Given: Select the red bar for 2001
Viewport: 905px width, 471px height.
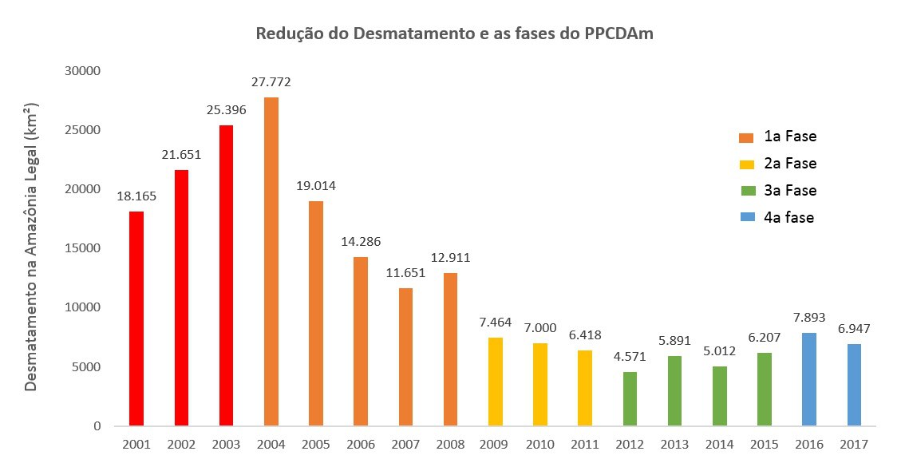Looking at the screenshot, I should pos(136,319).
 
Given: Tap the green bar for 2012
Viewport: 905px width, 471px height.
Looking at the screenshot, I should pos(630,398).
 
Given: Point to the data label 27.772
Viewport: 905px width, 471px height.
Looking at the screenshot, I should pos(271,82).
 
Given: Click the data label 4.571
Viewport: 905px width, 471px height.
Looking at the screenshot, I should pos(630,357).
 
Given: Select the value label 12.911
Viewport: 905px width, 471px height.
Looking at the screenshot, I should pos(451,258).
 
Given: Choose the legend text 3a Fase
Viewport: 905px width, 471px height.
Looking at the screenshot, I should pos(789,190).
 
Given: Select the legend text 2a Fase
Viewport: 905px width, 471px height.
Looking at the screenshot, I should pos(789,164).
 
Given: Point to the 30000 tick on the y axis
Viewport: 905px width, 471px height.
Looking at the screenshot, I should pos(84,71).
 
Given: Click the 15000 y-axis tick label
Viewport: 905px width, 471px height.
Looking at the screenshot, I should pos(84,248).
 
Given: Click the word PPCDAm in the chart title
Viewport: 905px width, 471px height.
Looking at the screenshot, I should pos(618,34).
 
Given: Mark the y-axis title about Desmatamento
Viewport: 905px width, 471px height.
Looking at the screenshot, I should pos(31,247).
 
